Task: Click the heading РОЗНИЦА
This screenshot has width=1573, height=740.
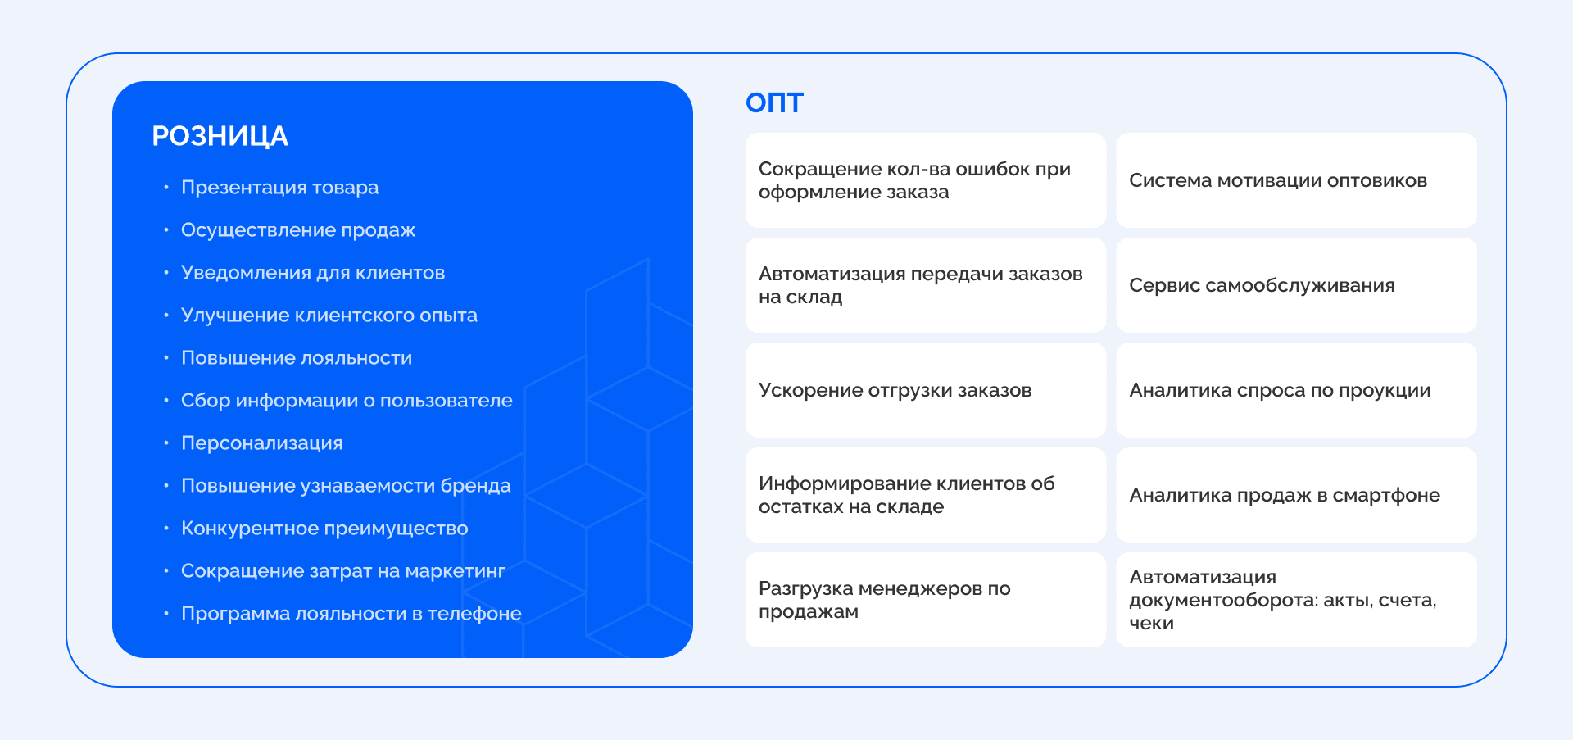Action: [220, 136]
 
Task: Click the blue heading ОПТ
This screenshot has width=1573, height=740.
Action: [774, 103]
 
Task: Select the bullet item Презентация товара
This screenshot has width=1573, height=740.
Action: [279, 188]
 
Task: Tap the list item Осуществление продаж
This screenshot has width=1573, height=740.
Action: [298, 230]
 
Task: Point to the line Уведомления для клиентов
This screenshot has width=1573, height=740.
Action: [313, 273]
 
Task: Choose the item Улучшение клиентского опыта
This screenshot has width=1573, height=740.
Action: [329, 316]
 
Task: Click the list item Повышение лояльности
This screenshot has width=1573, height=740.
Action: [297, 358]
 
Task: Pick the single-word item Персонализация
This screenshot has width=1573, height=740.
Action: [261, 443]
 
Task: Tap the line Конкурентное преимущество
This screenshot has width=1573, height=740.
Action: [324, 529]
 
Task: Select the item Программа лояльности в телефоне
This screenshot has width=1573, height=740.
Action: [351, 614]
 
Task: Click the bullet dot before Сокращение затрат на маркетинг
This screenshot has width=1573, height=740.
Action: [166, 570]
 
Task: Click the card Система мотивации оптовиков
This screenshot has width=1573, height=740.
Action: [1295, 180]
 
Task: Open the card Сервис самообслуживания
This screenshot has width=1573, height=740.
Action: [1295, 285]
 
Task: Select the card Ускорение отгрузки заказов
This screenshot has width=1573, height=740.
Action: [925, 390]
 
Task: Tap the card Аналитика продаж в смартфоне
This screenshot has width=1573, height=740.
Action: [1295, 495]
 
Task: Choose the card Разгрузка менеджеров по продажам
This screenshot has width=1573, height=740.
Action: [925, 600]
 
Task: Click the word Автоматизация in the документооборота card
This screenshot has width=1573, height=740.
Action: [1202, 577]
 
